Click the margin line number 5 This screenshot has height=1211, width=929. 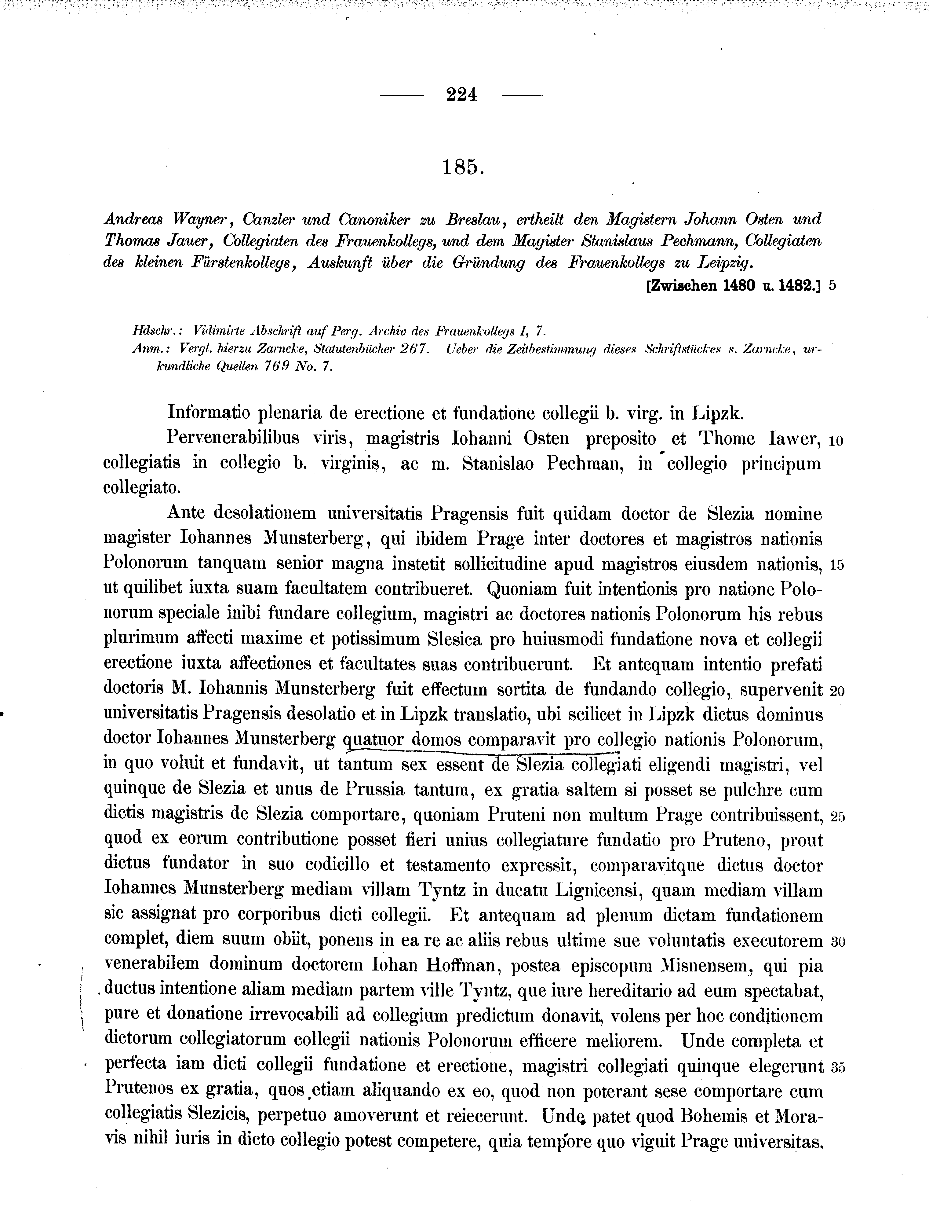pyautogui.click(x=833, y=286)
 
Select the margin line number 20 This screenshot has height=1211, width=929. pyautogui.click(x=837, y=691)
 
